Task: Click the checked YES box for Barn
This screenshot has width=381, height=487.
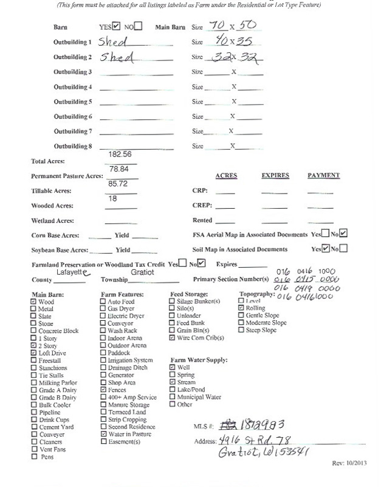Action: point(116,27)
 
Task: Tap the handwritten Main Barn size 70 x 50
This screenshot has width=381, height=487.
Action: point(228,27)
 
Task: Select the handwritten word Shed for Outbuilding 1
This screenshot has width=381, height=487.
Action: point(114,42)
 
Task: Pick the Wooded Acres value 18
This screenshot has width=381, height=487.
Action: point(114,198)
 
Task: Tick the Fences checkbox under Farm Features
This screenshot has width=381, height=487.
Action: point(103,390)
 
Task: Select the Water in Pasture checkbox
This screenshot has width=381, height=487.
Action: point(103,434)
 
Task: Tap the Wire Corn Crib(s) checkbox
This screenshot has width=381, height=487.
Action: point(173,337)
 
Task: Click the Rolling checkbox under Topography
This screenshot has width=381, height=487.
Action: point(241,309)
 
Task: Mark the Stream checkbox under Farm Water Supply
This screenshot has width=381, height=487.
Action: point(173,382)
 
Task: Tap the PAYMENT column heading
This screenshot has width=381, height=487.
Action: point(323,175)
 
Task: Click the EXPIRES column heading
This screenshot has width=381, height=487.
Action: point(275,175)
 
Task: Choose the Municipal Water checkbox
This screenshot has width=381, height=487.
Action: point(173,397)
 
